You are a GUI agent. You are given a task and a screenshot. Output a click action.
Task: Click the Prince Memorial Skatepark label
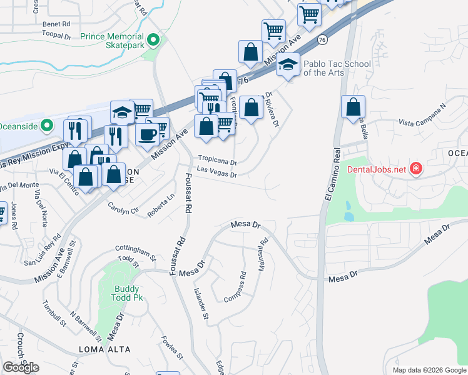pos(112,41)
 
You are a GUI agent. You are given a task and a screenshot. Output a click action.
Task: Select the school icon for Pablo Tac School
pos(288,66)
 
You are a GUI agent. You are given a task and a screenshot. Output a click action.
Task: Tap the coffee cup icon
pos(148,134)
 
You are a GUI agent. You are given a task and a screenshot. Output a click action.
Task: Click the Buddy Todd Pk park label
pos(127,293)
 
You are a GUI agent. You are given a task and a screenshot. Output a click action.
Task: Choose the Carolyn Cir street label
pos(123,208)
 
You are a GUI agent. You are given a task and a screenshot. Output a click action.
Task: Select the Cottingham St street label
pos(135,252)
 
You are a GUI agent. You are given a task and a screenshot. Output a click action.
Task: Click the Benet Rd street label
pos(56,24)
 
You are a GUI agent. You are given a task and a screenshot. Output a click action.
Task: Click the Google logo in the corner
pos(21,367)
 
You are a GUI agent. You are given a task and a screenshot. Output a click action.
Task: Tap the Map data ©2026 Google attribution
pos(429,370)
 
